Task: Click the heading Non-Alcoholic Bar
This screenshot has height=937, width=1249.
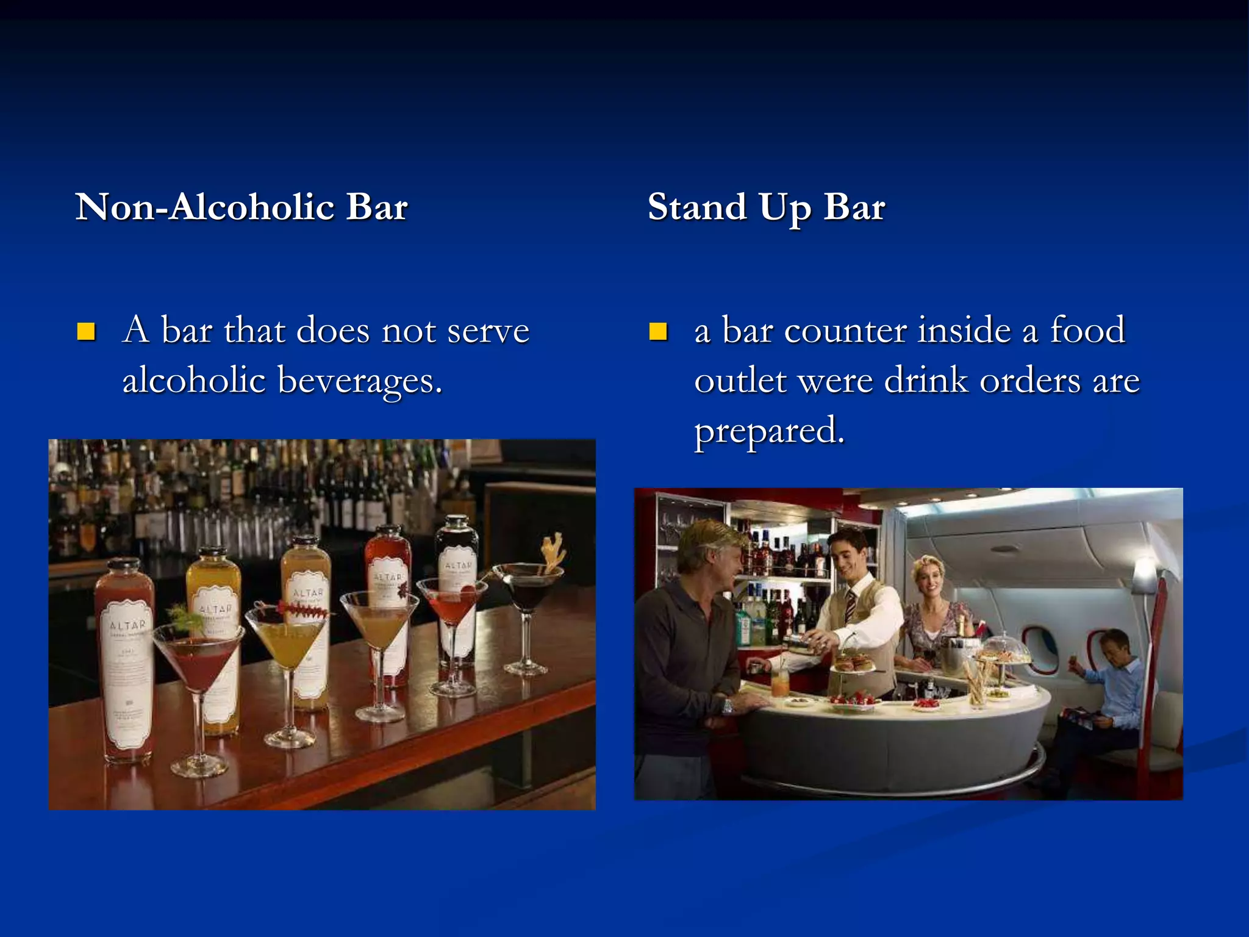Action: (x=242, y=207)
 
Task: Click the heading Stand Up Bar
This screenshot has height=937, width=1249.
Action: (x=766, y=207)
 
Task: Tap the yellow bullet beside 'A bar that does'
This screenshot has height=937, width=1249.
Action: (x=86, y=331)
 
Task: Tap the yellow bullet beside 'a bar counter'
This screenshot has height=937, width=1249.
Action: (x=658, y=331)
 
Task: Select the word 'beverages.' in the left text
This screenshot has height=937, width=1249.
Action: (x=360, y=381)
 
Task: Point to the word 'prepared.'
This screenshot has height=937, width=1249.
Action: (x=770, y=431)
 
